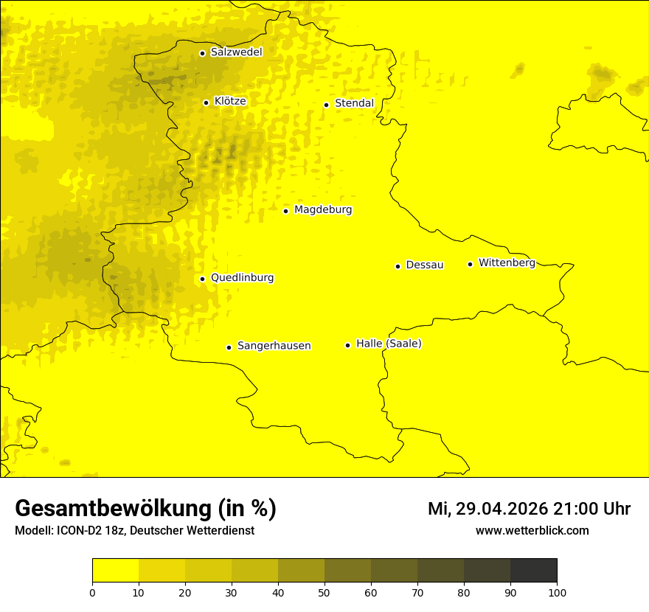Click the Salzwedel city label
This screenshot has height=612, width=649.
(x=236, y=52)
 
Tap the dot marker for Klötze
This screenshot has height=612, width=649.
(x=206, y=102)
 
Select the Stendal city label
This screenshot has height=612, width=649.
(x=354, y=103)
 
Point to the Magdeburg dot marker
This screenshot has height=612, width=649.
(x=285, y=211)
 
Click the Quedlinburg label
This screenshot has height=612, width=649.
(x=242, y=278)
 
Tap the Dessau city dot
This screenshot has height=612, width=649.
(x=398, y=266)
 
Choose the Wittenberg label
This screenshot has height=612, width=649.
(x=507, y=262)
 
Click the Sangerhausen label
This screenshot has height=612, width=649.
(x=274, y=346)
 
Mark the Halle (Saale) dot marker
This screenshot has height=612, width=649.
(x=347, y=345)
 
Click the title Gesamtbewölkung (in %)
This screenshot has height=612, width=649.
(x=145, y=509)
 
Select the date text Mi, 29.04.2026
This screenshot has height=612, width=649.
(x=487, y=509)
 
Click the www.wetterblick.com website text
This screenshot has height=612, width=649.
(x=532, y=530)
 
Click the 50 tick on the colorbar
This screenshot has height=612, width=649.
(x=324, y=591)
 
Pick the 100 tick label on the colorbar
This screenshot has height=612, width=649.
(x=557, y=592)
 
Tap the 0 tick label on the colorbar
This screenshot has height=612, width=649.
(x=92, y=592)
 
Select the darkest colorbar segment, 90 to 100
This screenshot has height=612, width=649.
(x=533, y=571)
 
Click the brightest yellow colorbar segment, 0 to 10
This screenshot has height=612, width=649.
(x=115, y=571)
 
